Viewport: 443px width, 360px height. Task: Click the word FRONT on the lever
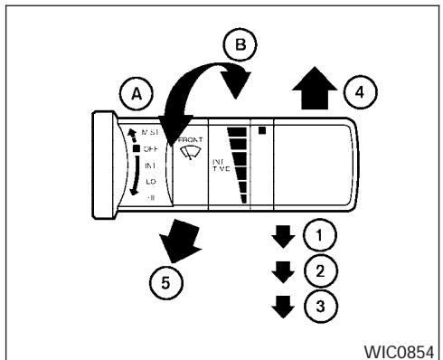(191, 140)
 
